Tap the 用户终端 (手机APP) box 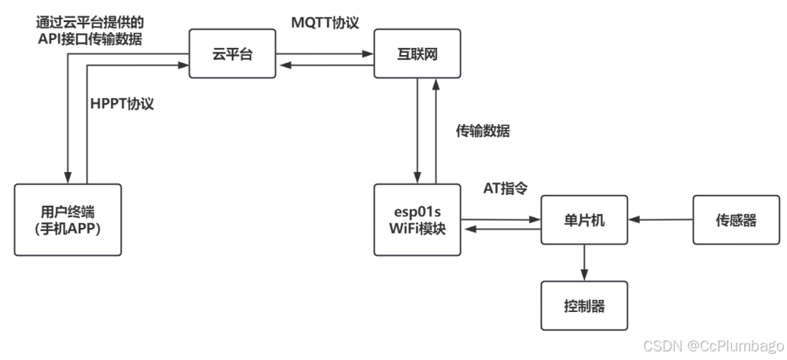click(x=68, y=219)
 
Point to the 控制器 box click(x=583, y=306)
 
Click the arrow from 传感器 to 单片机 click(x=660, y=221)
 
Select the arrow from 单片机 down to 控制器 click(x=583, y=263)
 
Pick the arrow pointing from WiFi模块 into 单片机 click(x=501, y=214)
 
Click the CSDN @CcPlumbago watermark click(x=713, y=346)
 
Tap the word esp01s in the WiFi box click(x=418, y=211)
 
